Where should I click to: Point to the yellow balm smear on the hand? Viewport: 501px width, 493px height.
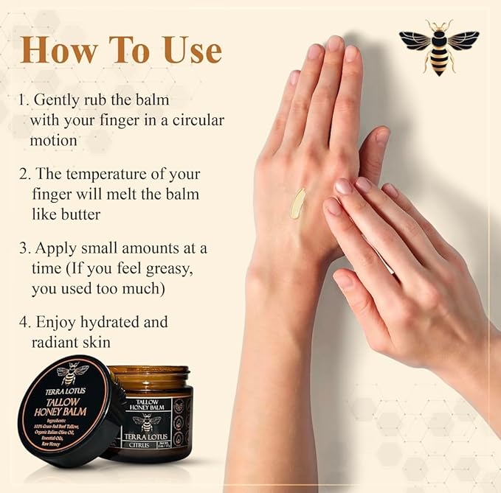click(297, 203)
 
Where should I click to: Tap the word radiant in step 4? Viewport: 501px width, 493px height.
click(57, 343)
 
